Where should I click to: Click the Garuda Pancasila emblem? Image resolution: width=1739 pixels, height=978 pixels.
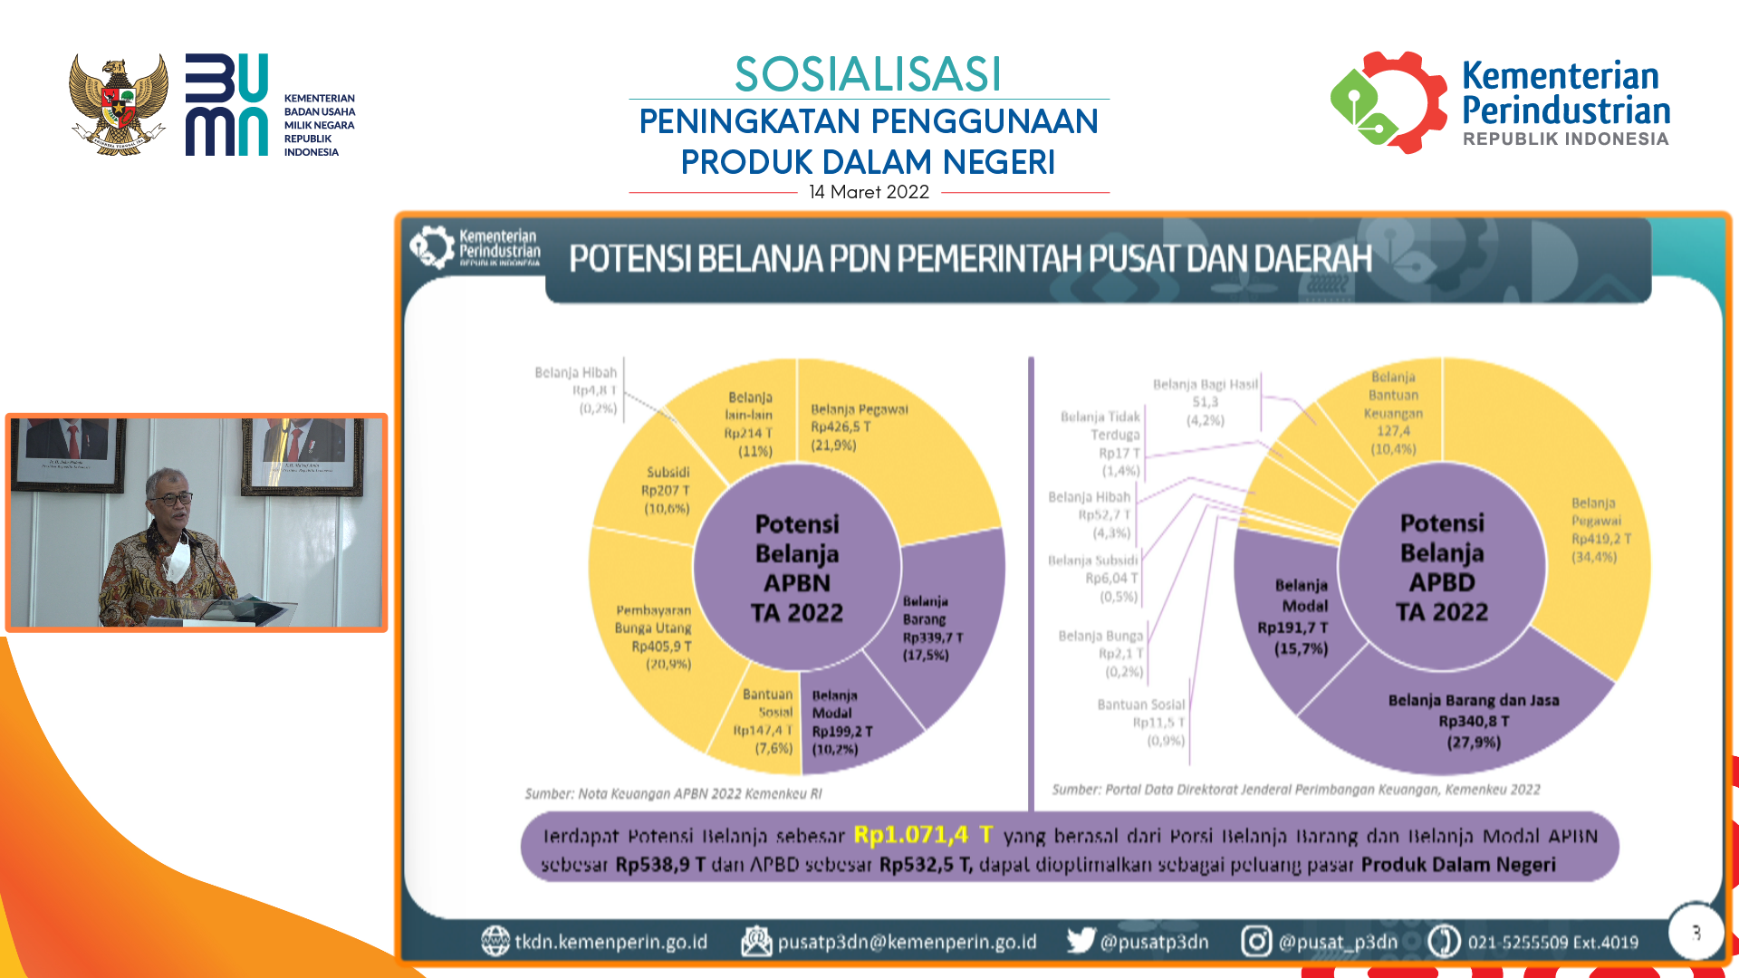point(119,104)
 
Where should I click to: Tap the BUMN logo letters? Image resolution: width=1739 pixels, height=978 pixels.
point(226,104)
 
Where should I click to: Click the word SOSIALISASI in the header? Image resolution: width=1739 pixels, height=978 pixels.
point(868,74)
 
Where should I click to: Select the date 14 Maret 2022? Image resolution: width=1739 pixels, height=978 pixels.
point(869,192)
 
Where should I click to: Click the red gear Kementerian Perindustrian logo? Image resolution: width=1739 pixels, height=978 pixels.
point(1388,102)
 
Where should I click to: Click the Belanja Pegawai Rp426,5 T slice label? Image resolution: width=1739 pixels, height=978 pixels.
point(859,427)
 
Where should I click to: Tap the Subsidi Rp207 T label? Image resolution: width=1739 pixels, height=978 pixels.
point(667,490)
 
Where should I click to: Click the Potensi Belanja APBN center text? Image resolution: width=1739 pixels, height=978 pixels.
point(797,568)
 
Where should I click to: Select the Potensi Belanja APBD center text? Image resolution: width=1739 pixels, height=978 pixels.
point(1442,567)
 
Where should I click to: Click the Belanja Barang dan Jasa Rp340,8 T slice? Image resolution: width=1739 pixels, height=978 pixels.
point(1474,721)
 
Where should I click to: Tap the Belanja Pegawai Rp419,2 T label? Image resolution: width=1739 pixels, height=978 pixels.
point(1600,529)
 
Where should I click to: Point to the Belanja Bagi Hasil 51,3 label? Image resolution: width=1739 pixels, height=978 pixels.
point(1206,402)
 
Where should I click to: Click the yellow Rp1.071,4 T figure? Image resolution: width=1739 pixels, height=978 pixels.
point(923,834)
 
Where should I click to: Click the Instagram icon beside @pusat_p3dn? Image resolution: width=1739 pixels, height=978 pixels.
point(1256,941)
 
